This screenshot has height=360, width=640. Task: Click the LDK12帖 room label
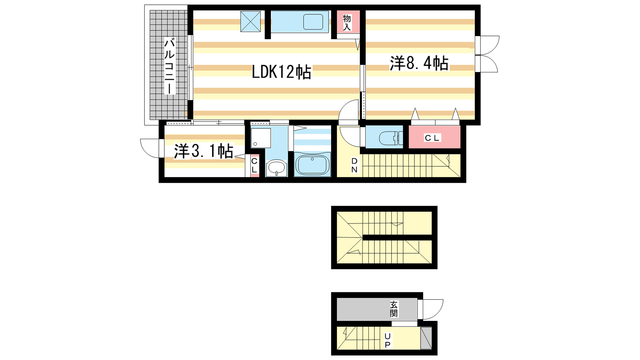click(282, 72)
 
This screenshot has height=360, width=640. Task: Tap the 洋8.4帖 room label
click(419, 63)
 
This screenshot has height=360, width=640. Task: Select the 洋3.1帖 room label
click(204, 152)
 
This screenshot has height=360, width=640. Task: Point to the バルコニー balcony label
click(170, 67)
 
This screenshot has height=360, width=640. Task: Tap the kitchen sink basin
click(313, 22)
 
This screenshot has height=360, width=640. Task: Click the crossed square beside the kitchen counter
click(250, 22)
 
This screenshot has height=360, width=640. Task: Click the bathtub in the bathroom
click(312, 164)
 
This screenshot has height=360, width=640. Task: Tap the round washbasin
click(276, 168)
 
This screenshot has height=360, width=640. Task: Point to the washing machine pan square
click(261, 138)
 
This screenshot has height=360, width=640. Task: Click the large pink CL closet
click(434, 137)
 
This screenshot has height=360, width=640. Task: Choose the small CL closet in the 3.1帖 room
click(254, 166)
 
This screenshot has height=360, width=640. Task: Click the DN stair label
click(354, 165)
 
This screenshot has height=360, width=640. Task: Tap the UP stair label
click(388, 340)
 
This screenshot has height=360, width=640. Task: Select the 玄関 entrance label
click(394, 309)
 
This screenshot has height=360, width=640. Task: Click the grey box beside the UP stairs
click(426, 338)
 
